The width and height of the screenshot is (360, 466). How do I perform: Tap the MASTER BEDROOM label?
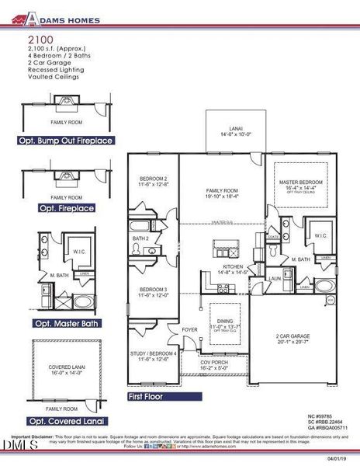pos(300,185)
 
